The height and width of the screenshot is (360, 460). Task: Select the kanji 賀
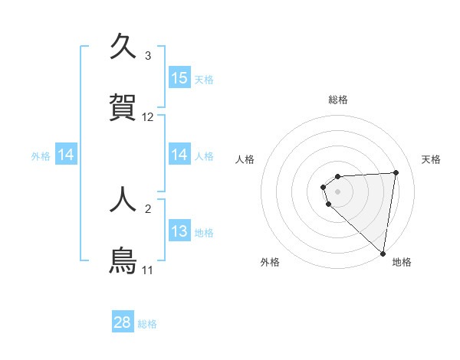123,107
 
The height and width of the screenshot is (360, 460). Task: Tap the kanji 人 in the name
123,199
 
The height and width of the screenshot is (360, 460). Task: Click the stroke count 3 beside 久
148,56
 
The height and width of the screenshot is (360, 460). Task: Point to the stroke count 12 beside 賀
148,117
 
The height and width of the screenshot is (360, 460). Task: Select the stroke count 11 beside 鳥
148,270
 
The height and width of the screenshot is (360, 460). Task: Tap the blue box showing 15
179,78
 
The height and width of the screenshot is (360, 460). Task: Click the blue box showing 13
179,231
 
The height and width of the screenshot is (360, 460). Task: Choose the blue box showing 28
123,323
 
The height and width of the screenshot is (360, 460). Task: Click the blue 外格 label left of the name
41,155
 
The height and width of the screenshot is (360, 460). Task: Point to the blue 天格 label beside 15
204,79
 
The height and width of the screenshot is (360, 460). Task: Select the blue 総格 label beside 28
147,324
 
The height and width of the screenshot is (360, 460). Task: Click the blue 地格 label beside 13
204,232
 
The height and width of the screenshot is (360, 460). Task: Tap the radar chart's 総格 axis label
338,100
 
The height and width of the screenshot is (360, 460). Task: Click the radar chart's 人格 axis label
245,159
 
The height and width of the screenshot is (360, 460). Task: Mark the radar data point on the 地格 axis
383,253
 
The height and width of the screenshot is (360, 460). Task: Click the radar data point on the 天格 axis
396,172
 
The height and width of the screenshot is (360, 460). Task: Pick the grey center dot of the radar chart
338,191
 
